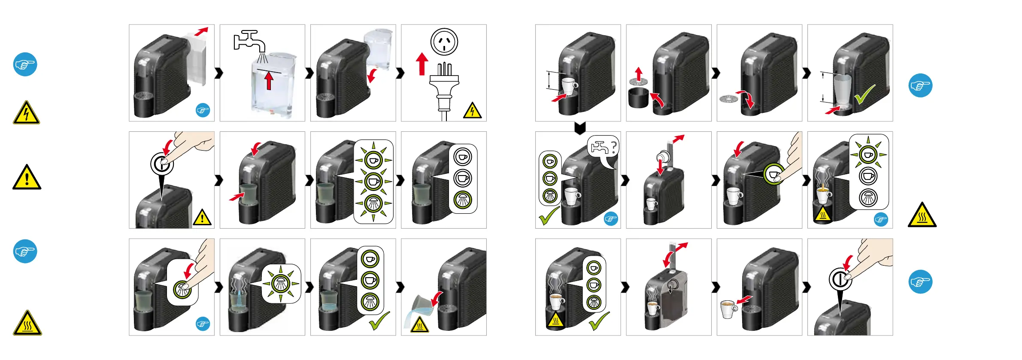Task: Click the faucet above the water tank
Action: pyautogui.click(x=249, y=41)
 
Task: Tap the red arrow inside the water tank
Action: pyautogui.click(x=269, y=81)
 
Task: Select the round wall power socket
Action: pyautogui.click(x=444, y=42)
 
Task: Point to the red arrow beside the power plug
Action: pyautogui.click(x=422, y=64)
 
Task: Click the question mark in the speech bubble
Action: pyautogui.click(x=613, y=147)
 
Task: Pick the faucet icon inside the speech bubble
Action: pyautogui.click(x=599, y=148)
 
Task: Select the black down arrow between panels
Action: pyautogui.click(x=580, y=128)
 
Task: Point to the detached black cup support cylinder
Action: pyautogui.click(x=638, y=98)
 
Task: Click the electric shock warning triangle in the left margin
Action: pyautogui.click(x=26, y=113)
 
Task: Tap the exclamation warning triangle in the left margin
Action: pyautogui.click(x=27, y=178)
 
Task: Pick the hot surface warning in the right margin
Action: pyautogui.click(x=922, y=216)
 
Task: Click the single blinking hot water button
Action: pyautogui.click(x=280, y=283)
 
